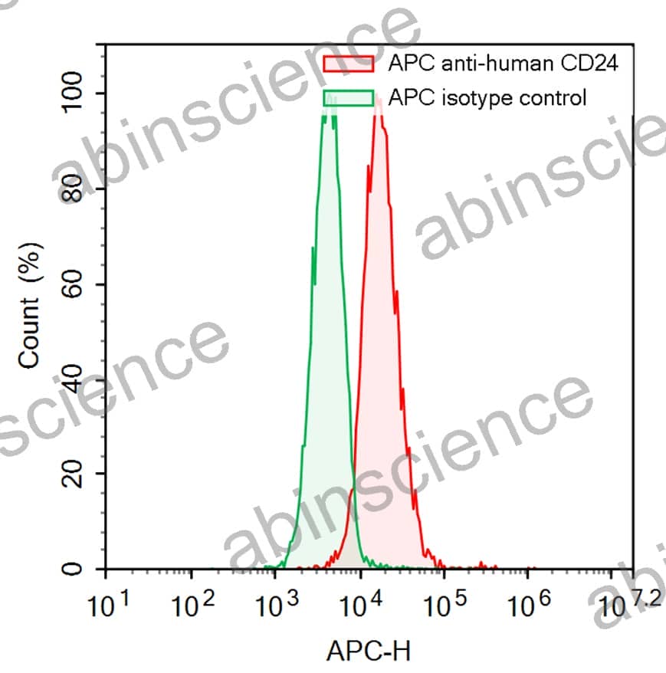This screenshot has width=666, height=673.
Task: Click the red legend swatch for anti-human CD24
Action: coord(349,63)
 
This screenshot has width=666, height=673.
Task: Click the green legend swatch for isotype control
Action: coord(349,98)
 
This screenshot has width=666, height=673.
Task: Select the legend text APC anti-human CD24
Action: coord(503,63)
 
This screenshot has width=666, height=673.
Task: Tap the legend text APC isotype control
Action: coord(487,98)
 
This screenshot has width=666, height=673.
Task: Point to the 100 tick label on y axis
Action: coord(74,93)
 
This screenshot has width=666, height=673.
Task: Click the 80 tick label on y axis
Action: coord(74,189)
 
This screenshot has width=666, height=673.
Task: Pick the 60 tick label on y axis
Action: coord(74,284)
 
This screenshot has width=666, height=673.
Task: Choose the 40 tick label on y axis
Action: coord(74,379)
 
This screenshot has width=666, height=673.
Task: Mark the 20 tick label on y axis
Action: coord(74,474)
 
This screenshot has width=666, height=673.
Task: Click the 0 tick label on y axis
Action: coord(74,570)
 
